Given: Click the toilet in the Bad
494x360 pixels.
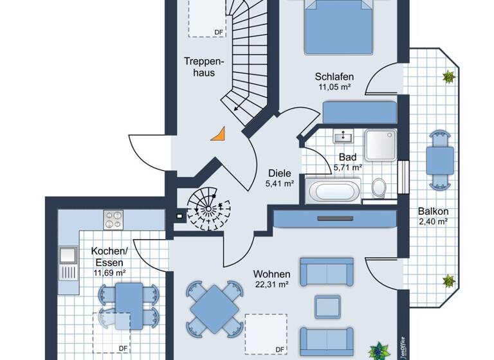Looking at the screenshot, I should pos(379,188).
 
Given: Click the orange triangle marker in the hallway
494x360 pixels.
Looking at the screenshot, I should pos(220,134).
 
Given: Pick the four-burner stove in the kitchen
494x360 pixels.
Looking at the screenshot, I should pos(114,219).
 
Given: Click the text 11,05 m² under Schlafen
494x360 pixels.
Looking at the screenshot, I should pos(334,87).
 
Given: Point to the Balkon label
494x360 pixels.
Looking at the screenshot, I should pos(433,211).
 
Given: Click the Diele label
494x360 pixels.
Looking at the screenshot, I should pos(280,173).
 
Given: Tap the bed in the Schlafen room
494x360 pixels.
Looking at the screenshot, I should pos(339,26).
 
